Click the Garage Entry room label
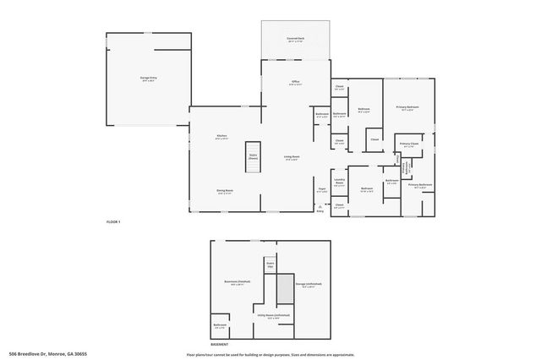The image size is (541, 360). tap(148, 77)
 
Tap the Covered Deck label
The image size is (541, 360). tap(295, 39)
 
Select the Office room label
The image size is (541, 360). tap(295, 82)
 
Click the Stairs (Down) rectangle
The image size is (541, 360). tap(253, 157)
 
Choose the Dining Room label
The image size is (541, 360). tap(224, 191)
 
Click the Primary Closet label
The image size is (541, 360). tap(408, 145)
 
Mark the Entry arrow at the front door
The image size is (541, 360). tap(320, 210)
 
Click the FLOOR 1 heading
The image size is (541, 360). tap(113, 221)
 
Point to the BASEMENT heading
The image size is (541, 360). tap(219, 344)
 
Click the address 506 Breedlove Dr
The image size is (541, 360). tap(48, 354)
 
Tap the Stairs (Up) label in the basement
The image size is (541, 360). tap(270, 264)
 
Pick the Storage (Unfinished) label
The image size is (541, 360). tap(309, 284)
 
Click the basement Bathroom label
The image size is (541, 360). tap(219, 325)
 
